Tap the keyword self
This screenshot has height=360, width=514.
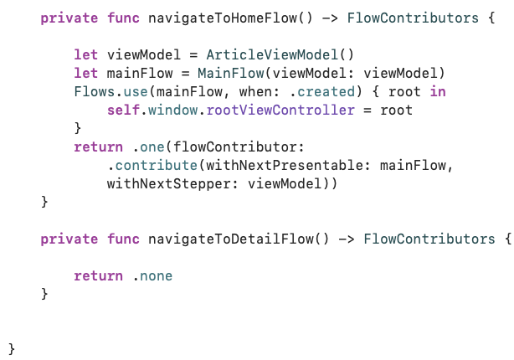click(122, 110)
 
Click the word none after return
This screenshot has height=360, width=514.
click(157, 275)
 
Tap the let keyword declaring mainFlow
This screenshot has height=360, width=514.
click(85, 73)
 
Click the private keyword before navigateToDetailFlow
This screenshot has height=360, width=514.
click(69, 239)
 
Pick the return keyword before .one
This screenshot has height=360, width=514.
click(98, 147)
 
